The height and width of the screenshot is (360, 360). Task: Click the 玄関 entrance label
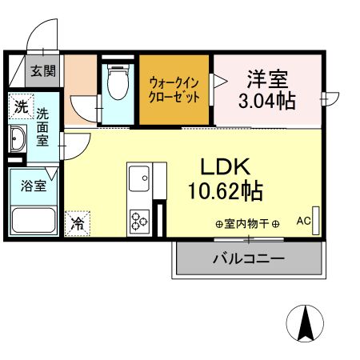[x=43, y=70]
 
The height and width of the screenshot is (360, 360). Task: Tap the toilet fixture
[x=119, y=82]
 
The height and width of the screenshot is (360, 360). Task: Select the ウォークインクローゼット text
[x=174, y=89]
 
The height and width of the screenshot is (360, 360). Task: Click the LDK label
[x=226, y=167]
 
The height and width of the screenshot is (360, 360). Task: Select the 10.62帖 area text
[x=226, y=191]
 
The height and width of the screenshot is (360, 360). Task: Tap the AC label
[x=304, y=220]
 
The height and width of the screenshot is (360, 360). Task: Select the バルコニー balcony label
[x=248, y=258]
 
